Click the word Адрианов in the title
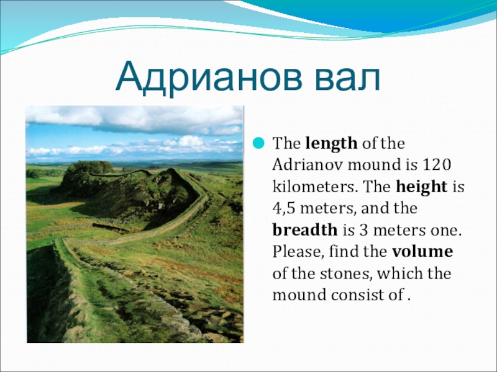[x=209, y=77]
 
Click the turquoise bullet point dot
[x=258, y=143]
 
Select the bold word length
[x=331, y=144]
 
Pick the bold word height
[x=422, y=187]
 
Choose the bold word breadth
[x=305, y=230]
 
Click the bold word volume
[x=422, y=252]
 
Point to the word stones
[x=345, y=273]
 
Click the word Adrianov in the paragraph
[x=308, y=165]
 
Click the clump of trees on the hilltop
[x=89, y=167]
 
